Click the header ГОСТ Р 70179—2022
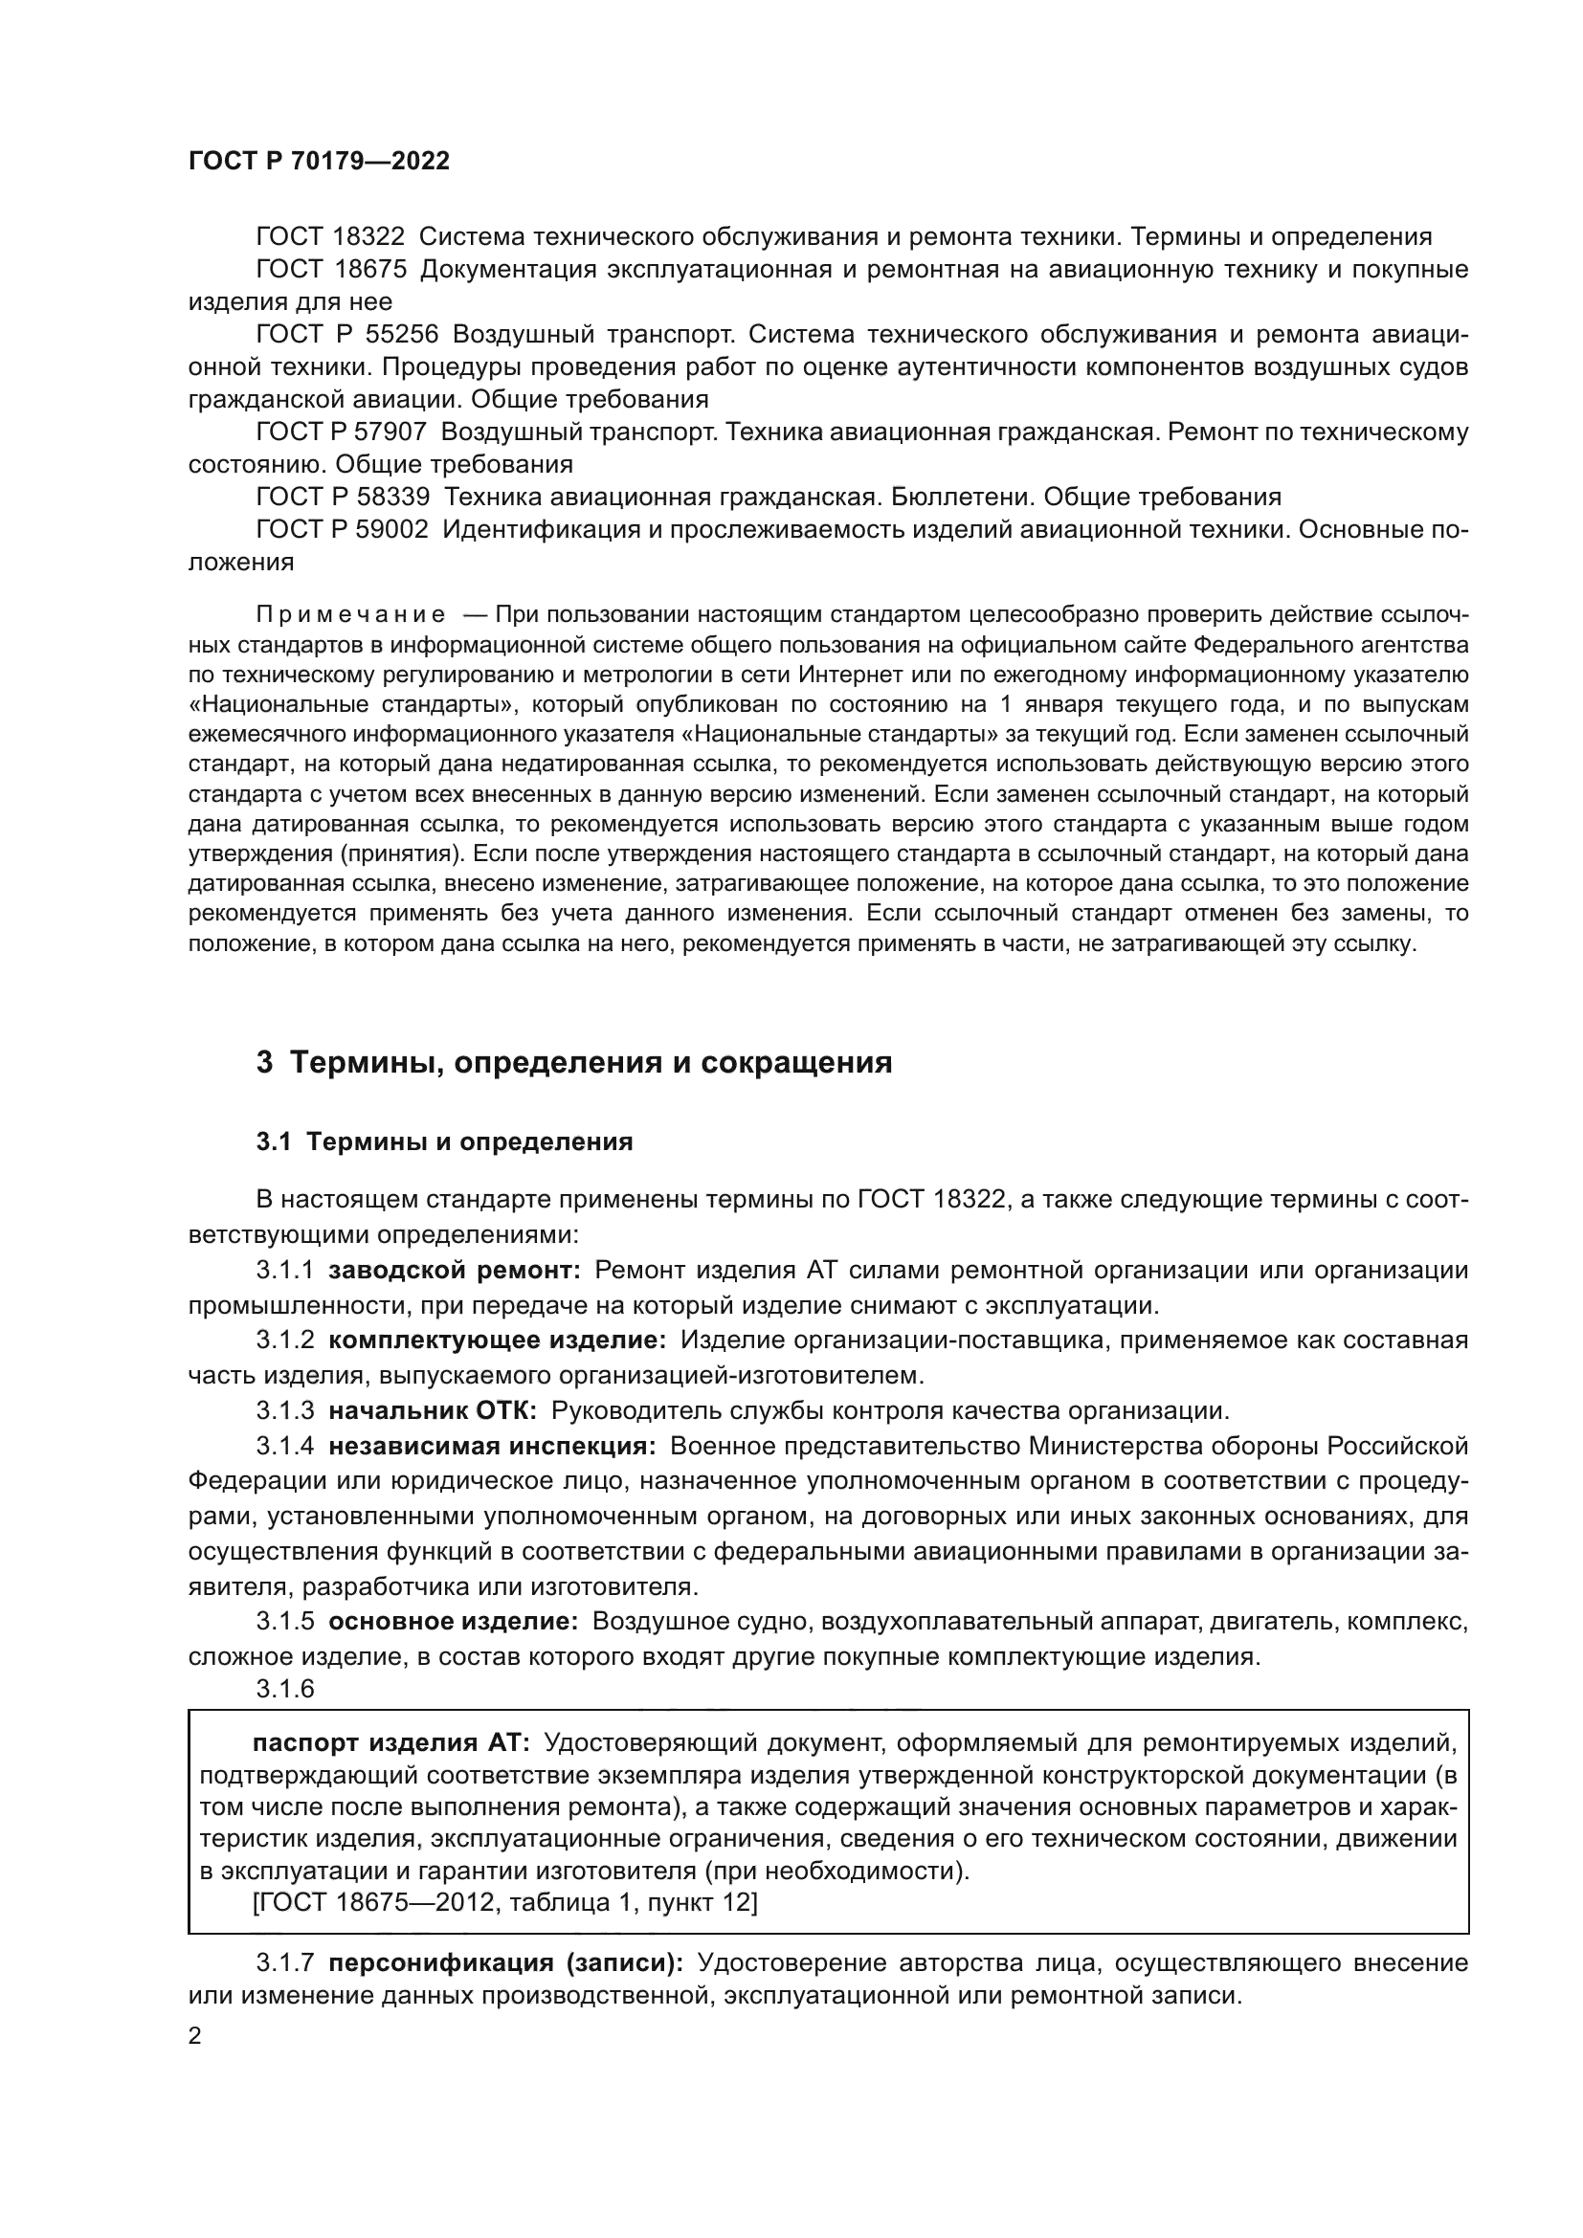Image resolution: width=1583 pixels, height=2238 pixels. tap(319, 162)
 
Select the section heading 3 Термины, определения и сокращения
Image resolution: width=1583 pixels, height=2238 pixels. tap(574, 1062)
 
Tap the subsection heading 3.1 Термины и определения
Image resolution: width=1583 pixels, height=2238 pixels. tap(444, 1142)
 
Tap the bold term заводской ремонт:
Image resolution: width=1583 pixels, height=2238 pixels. tap(455, 1270)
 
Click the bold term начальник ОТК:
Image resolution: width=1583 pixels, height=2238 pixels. tap(433, 1410)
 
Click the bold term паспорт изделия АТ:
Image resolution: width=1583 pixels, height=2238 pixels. tap(390, 1741)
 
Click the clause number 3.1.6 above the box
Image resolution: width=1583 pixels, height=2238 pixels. tap(285, 1689)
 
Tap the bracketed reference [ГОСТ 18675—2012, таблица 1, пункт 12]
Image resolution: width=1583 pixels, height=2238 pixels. tap(504, 1902)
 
